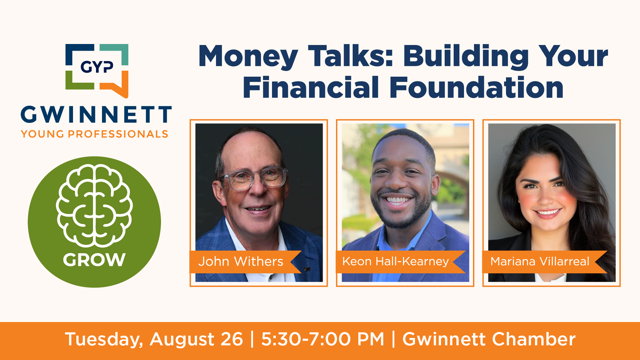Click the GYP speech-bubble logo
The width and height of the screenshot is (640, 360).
coord(97,71)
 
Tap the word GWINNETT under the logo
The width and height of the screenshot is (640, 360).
coord(96,115)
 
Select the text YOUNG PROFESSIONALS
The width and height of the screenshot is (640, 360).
coord(95,134)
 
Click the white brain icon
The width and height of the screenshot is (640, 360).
coord(94,205)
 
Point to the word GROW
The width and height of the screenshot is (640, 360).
coord(94,260)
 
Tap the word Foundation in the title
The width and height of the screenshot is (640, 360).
coord(476,87)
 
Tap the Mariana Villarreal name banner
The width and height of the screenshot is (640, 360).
coord(545,262)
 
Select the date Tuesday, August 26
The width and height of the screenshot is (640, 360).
coord(154,340)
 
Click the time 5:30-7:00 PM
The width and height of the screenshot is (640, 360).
coord(323,339)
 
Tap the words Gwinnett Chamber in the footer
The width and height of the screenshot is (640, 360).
coord(489,339)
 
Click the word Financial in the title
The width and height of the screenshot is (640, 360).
coord(311,87)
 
